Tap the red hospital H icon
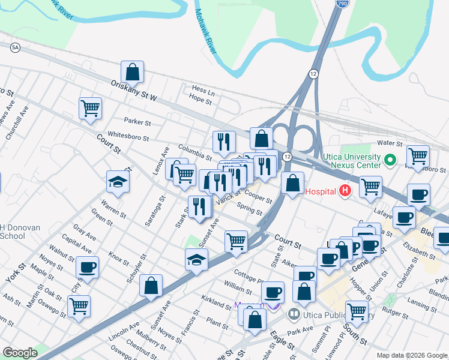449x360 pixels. tap(345, 191)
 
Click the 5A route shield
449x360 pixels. tap(15, 47)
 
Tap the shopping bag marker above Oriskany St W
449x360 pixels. tap(132, 72)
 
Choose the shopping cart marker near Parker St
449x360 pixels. tap(90, 109)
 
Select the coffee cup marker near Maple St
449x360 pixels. tap(87, 267)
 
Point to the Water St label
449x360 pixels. tap(389, 143)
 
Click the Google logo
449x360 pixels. tap(20, 353)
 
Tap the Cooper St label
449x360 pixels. tap(258, 197)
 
